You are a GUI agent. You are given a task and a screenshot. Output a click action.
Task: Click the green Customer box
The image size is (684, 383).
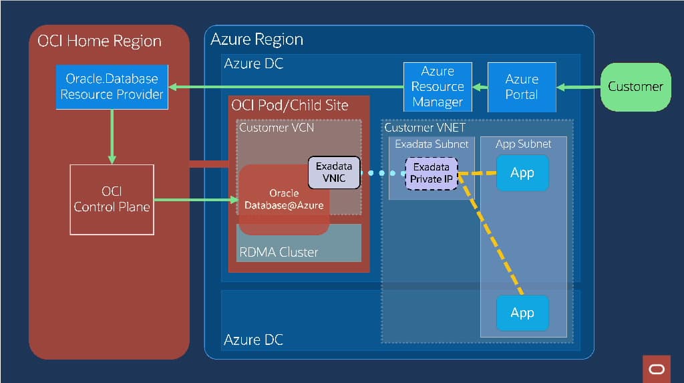635,87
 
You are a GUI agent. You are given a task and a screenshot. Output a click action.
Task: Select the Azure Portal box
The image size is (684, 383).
521,87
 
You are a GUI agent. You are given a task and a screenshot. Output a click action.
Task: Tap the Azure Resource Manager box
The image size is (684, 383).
438,87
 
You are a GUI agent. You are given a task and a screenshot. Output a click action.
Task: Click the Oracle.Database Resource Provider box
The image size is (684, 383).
112,87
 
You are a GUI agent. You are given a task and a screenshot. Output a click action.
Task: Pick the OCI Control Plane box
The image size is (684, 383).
112,199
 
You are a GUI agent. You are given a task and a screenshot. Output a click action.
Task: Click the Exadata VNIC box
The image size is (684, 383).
334,172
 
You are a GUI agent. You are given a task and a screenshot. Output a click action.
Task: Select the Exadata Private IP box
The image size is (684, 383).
432,173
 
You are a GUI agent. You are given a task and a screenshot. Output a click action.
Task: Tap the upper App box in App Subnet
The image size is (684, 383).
522,173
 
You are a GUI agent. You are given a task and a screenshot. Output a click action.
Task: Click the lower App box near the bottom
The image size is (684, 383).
522,313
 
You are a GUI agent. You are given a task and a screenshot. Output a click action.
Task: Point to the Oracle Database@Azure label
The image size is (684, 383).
284,199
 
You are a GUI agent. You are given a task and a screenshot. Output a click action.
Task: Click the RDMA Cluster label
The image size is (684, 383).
279,253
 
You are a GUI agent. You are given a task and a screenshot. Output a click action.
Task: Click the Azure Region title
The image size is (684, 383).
256,39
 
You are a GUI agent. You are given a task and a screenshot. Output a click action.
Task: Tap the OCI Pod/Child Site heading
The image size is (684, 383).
289,106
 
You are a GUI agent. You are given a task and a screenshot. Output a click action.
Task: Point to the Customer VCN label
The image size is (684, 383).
276,127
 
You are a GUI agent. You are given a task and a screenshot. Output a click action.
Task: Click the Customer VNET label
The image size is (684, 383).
425,127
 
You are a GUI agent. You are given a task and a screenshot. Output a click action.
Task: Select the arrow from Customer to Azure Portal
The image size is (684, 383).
580,87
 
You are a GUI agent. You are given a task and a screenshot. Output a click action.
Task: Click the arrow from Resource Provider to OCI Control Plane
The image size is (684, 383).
112,137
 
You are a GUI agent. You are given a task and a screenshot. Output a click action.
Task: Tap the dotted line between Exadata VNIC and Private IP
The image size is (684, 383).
383,173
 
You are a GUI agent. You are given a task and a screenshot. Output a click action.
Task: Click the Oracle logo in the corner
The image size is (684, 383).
656,369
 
